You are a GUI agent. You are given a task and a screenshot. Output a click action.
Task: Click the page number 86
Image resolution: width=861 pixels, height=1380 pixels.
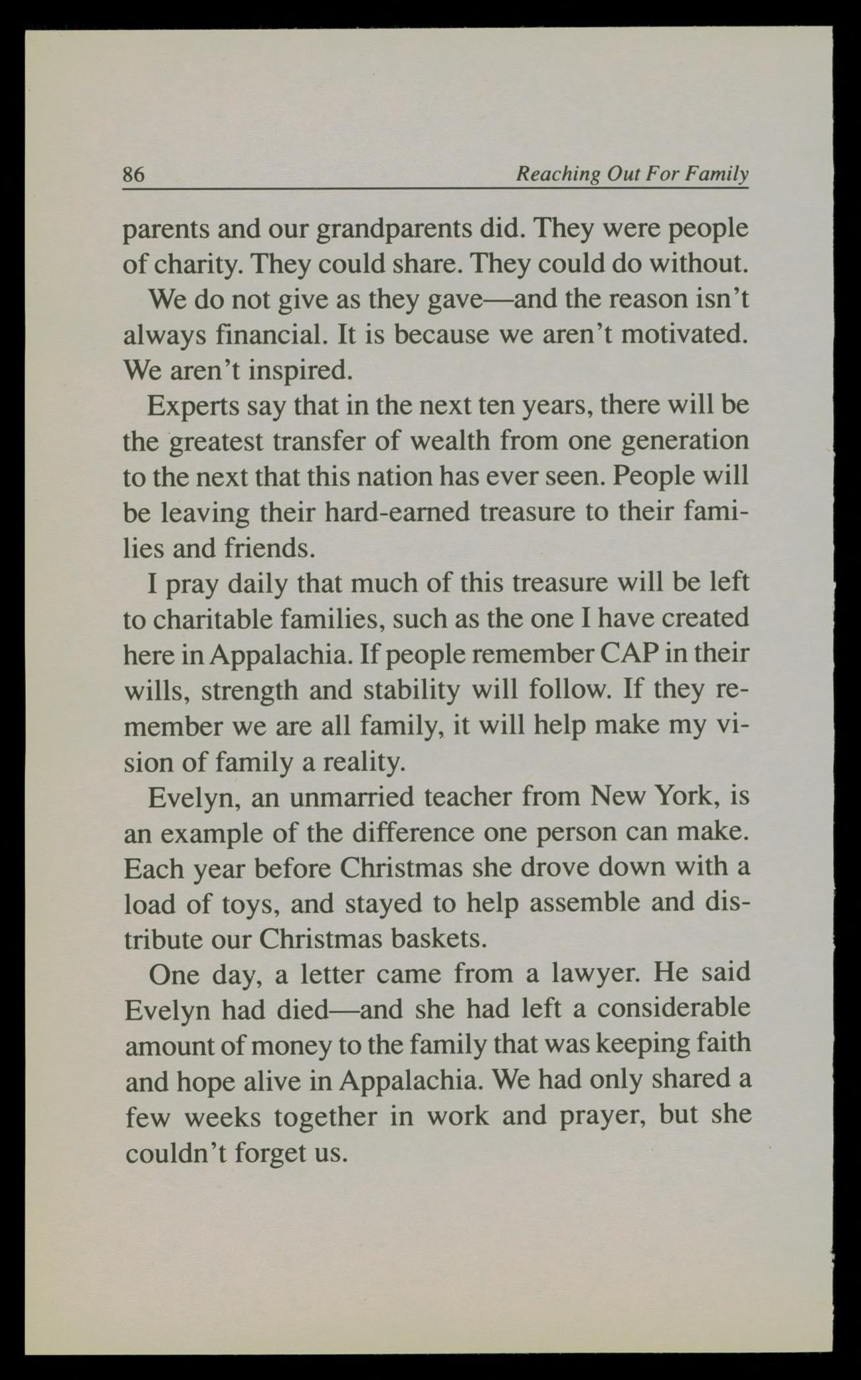[x=133, y=174]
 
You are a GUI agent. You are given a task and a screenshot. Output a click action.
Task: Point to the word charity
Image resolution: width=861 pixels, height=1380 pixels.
[x=197, y=264]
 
